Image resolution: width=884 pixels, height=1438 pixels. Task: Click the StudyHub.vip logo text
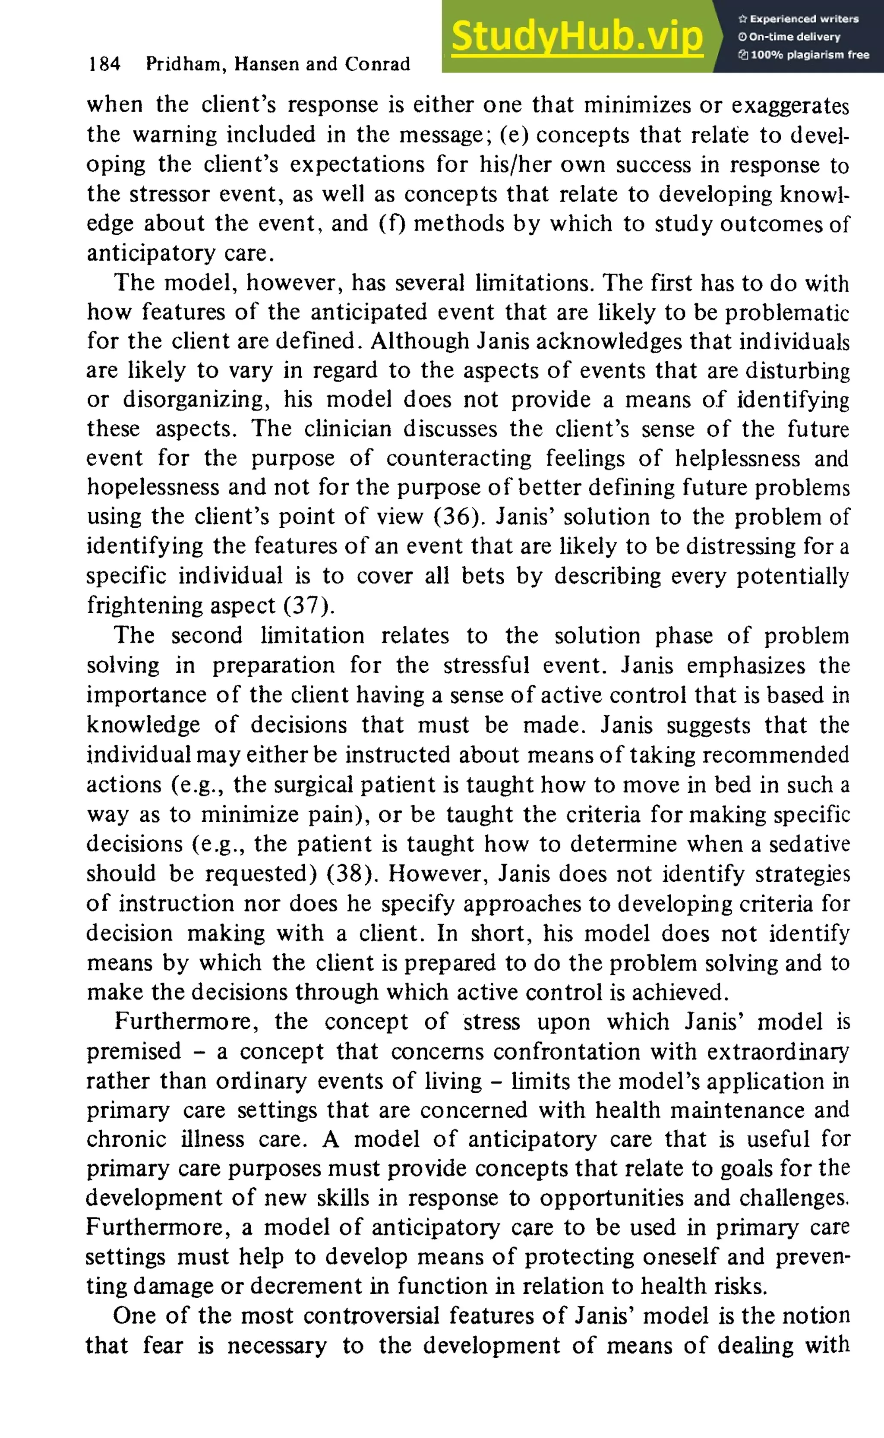point(577,36)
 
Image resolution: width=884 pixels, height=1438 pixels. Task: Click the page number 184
point(104,64)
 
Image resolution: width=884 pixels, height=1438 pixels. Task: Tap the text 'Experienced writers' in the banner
point(804,19)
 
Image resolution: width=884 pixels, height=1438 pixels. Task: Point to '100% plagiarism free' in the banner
point(810,55)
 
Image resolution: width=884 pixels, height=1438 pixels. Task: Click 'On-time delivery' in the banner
point(794,37)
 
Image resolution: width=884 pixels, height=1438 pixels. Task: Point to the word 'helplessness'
point(737,458)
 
